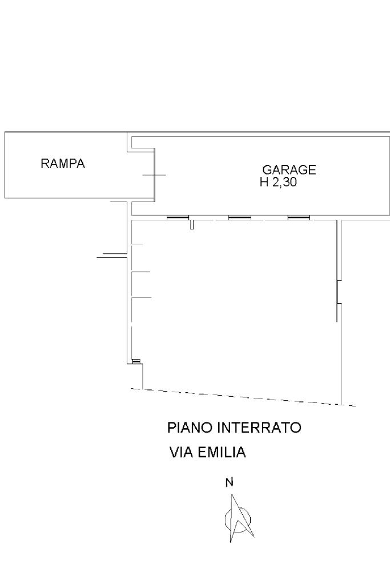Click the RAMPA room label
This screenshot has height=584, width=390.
tap(63, 163)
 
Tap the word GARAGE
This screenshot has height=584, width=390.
tap(290, 170)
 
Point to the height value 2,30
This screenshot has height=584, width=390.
tap(284, 183)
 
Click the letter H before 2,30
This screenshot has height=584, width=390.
tap(264, 183)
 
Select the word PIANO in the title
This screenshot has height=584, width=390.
tap(190, 428)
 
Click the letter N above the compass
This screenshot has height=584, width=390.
tap(230, 482)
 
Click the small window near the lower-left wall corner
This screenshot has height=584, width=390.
tap(136, 361)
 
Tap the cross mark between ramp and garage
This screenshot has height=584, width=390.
tap(154, 175)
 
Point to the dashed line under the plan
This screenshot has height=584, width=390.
tap(243, 397)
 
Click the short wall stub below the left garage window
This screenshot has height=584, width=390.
tap(192, 224)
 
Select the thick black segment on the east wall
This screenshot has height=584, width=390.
tap(337, 292)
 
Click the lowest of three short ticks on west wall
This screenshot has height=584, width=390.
tap(142, 297)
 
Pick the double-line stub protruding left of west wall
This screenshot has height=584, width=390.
tap(112, 256)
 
